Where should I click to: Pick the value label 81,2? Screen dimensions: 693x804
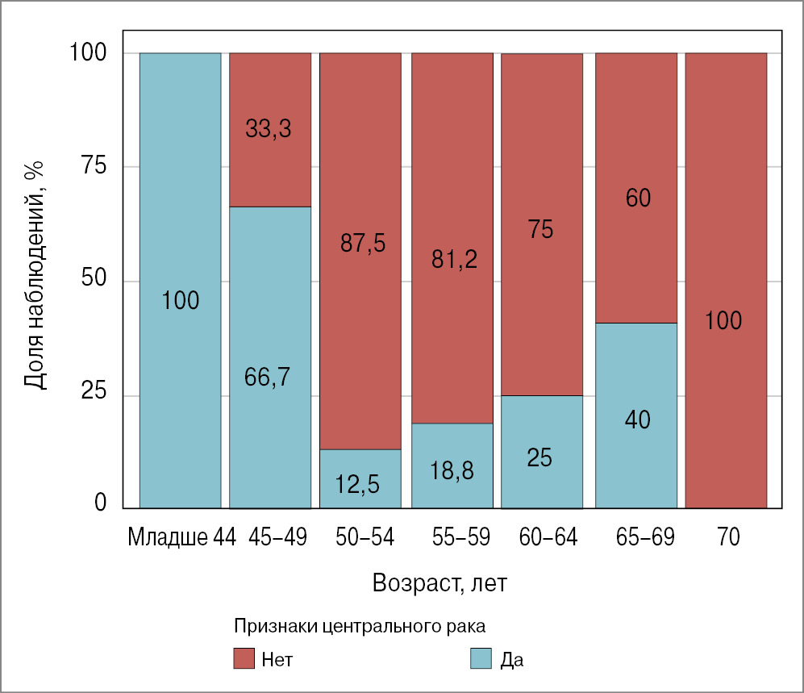point(453,259)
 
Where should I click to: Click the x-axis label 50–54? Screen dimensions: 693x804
point(365,537)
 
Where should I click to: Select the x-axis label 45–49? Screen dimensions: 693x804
point(278,537)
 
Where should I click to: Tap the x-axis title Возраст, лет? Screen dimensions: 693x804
point(439,583)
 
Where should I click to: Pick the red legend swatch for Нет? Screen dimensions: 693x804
point(244,658)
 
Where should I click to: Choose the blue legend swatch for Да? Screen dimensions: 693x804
point(481,658)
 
